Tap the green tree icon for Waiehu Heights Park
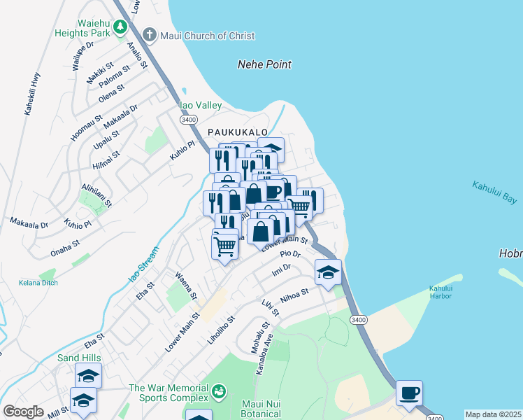click(120, 27)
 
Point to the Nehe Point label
click(264, 64)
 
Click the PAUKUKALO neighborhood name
click(238, 132)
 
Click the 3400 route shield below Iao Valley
click(188, 120)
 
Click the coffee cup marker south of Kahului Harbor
click(409, 392)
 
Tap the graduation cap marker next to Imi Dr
click(327, 272)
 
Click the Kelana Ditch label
click(38, 283)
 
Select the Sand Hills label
click(79, 358)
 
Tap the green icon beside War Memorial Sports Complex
click(219, 390)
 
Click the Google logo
click(23, 412)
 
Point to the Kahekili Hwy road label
click(32, 94)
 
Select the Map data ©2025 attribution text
click(493, 414)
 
